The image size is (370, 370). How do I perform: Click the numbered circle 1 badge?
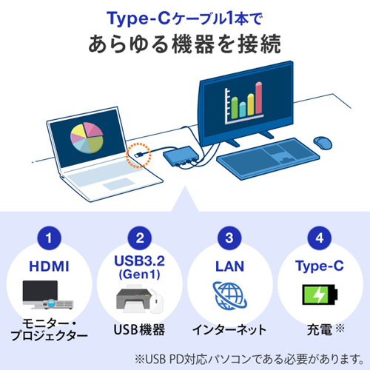(x=49, y=238)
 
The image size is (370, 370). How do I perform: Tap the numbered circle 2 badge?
(x=140, y=238)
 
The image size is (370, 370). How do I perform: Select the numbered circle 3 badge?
(x=229, y=238)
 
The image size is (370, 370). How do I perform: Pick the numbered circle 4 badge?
(x=320, y=238)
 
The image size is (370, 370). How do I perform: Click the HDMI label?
(x=49, y=266)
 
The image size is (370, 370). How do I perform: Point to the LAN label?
(x=229, y=266)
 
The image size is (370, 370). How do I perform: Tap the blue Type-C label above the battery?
(x=320, y=266)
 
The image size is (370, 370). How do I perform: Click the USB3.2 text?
(x=140, y=260)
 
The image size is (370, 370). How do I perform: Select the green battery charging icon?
(x=320, y=295)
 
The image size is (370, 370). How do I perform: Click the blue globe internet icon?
(x=230, y=295)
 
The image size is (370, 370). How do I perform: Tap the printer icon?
(x=133, y=299)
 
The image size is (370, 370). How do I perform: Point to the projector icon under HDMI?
(x=58, y=304)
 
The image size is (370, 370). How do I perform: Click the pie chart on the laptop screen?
(x=87, y=138)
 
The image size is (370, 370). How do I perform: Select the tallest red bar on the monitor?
(x=258, y=98)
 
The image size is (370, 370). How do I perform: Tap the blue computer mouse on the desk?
(x=323, y=143)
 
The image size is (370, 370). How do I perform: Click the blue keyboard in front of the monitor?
(x=268, y=158)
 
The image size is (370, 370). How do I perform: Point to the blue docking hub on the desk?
(x=181, y=156)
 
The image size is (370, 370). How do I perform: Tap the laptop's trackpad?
(x=119, y=184)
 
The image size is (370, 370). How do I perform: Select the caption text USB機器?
(x=139, y=329)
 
